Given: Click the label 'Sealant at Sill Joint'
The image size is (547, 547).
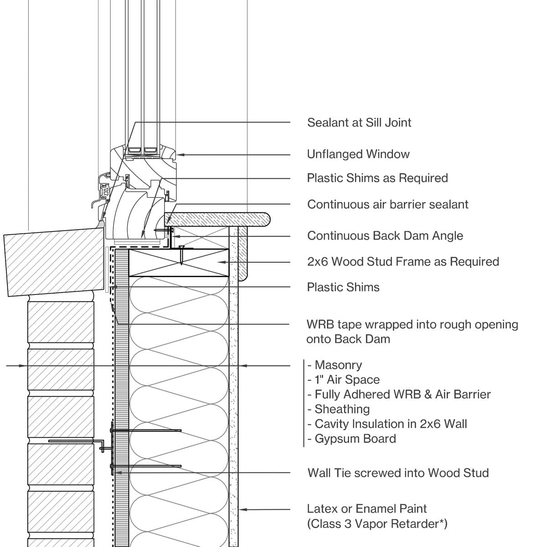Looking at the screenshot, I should point(359,123).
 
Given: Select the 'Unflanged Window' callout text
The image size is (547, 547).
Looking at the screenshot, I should point(358,155).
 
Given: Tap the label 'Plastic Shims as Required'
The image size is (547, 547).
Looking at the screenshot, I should point(377,178).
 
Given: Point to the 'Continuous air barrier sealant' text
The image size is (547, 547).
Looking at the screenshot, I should point(387,205).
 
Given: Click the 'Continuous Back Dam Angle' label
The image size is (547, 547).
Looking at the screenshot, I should point(385,236).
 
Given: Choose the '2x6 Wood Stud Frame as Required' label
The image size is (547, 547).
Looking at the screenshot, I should point(403,262).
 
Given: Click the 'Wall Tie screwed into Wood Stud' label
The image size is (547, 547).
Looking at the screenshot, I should point(398,473).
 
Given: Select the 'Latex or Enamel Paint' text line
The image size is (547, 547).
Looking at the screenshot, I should point(367,509).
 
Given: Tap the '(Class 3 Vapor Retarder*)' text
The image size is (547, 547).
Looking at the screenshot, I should point(377,524).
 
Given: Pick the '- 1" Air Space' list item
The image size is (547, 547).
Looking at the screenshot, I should point(343,380).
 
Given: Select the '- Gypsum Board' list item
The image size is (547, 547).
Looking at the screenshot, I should point(351,439).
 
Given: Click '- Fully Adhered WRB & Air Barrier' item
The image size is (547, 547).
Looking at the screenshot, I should point(399,395).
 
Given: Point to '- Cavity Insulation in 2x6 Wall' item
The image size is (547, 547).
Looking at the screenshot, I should point(387,424).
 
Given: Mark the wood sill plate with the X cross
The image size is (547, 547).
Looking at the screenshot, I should point(178,263).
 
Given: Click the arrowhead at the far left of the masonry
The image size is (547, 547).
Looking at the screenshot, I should point(25,366).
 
